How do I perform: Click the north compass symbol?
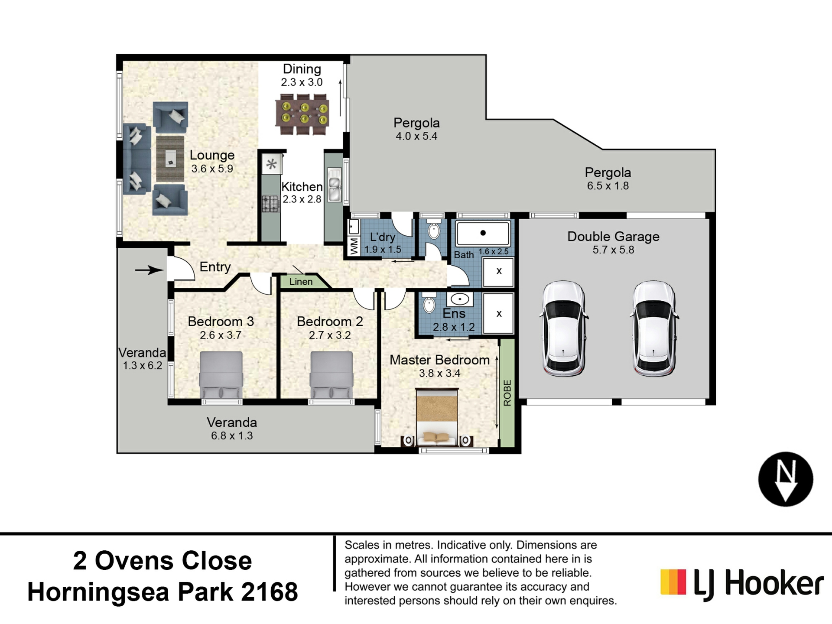785,479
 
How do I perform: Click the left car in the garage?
564,328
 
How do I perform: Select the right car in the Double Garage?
653,328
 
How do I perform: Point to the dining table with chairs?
302,114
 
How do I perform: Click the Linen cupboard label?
301,282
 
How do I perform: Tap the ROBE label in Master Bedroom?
507,393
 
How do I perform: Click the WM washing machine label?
354,246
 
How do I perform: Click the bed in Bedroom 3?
221,375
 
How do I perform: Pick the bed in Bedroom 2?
331,375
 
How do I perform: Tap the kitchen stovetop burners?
270,204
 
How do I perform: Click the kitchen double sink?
334,184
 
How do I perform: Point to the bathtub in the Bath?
483,234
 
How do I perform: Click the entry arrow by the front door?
149,270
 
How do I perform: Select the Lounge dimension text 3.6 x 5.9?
212,169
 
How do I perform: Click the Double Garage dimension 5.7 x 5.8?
613,250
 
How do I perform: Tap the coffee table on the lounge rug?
170,159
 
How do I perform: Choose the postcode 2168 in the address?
269,591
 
